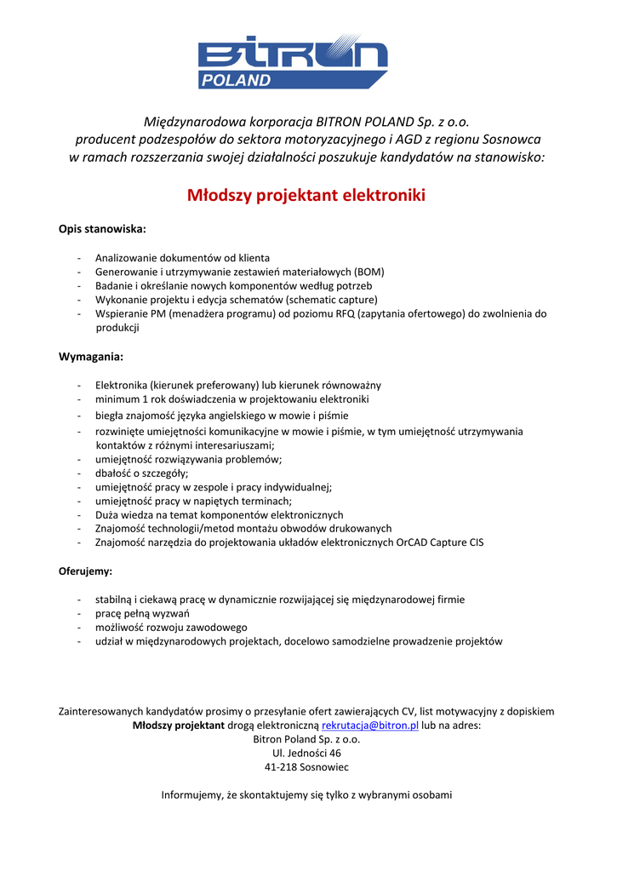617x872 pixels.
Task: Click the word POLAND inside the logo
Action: (236, 81)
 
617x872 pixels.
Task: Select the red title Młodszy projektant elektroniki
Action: (306, 196)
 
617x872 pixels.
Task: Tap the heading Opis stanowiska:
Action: (102, 230)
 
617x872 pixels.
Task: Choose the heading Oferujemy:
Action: (86, 571)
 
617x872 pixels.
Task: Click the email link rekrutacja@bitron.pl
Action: (370, 726)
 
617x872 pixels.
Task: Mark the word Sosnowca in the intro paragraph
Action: (511, 139)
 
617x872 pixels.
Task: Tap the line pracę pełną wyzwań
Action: (142, 613)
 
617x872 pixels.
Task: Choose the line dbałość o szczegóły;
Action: (142, 473)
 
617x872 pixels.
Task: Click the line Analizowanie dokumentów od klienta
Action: (182, 258)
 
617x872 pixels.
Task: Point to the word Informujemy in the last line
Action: (192, 795)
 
